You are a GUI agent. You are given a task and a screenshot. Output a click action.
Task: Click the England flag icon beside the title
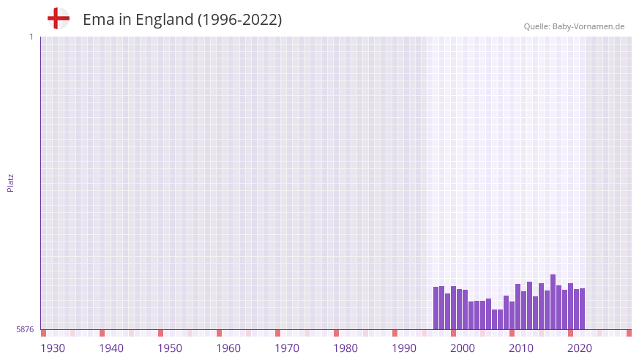point(58,19)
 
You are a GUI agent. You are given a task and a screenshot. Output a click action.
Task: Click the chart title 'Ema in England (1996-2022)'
point(182,20)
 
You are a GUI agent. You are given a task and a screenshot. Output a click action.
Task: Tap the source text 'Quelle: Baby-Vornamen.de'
point(574,26)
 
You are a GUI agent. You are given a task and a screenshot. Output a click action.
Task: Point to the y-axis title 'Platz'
point(10,182)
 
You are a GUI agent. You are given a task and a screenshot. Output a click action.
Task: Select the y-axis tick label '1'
point(31,37)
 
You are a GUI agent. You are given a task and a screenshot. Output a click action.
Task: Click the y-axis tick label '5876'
point(25,330)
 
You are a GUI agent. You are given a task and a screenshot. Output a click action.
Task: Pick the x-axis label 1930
point(53,348)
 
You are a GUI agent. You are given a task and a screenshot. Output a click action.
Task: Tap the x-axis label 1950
point(170,348)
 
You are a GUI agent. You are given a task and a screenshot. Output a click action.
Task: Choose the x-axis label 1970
point(287,348)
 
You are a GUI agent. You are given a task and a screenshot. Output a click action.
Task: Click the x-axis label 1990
point(404,348)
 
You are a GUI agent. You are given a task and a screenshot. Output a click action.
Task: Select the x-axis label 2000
point(463,348)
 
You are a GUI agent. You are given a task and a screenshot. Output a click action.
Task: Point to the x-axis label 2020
point(580,348)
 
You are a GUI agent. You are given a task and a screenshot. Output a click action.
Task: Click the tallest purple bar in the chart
point(553,302)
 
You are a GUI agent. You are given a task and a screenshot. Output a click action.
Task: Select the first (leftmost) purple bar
point(436,308)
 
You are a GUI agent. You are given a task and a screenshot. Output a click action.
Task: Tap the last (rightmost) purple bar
point(582,309)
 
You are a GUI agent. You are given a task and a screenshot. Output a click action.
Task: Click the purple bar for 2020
point(576,310)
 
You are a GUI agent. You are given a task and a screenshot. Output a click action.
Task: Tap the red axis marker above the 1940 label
point(102,333)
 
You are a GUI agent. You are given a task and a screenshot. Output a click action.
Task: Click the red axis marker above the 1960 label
point(219,333)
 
